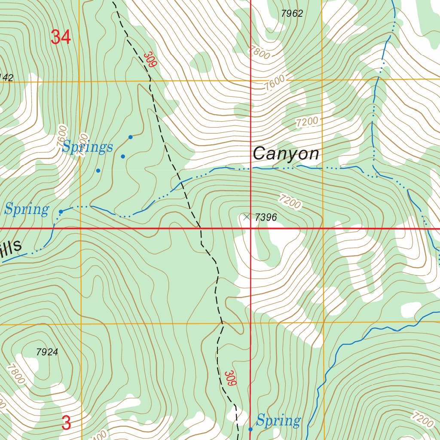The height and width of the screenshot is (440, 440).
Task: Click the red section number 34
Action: [60, 37]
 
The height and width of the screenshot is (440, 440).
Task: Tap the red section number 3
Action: [66, 423]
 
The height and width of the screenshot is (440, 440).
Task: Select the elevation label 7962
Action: [292, 14]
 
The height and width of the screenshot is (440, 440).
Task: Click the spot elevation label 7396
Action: [266, 218]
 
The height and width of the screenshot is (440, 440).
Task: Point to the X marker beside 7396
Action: [247, 217]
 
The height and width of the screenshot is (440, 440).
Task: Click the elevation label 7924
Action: [47, 352]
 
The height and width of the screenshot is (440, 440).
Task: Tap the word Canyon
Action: [286, 154]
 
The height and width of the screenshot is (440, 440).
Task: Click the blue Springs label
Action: [87, 147]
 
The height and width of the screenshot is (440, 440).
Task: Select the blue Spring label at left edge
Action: [26, 210]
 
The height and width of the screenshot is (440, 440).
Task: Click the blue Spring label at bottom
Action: [278, 420]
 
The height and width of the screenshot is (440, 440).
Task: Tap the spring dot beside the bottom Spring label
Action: [251, 429]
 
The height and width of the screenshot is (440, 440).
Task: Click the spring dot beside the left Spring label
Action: [61, 211]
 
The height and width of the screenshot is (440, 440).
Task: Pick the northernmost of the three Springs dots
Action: [131, 137]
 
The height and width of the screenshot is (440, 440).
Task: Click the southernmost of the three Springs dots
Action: [98, 171]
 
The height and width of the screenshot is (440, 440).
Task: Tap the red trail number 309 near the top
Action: [150, 60]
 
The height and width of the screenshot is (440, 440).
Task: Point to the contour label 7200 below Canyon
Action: [289, 202]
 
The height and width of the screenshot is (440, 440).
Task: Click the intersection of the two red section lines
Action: [251, 228]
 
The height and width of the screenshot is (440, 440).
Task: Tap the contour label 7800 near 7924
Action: [15, 373]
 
